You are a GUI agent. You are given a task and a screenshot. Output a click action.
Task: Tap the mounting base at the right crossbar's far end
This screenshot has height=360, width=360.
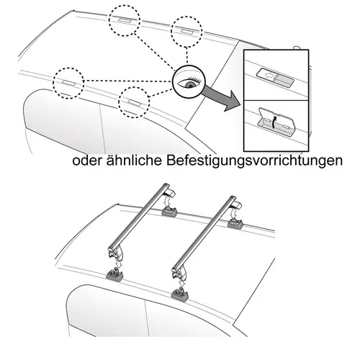tap(235, 225)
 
